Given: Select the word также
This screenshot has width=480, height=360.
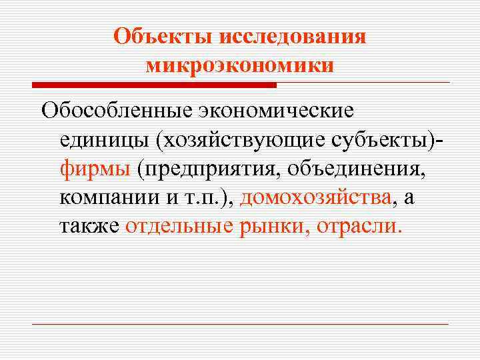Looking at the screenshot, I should [89, 227].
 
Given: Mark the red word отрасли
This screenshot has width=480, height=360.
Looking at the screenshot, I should [359, 227].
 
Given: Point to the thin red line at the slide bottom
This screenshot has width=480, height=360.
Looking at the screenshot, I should [240, 324].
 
